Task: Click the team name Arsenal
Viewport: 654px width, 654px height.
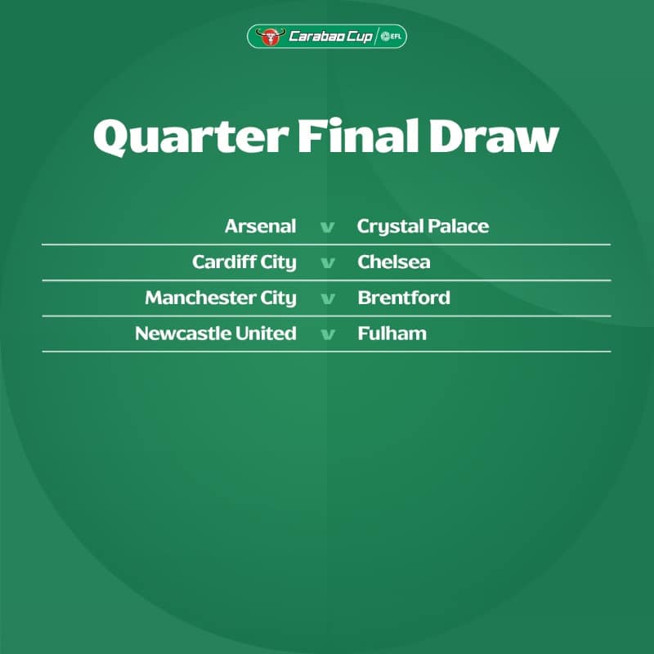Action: point(260,226)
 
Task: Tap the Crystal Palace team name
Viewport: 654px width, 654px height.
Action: point(423,227)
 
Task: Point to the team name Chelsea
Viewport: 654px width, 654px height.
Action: point(394,262)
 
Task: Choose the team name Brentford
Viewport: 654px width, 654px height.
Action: point(404,298)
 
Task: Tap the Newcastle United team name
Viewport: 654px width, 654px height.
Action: point(216,334)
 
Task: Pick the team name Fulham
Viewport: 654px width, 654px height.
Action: point(392,334)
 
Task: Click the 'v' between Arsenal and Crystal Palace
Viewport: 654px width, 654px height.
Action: point(328,228)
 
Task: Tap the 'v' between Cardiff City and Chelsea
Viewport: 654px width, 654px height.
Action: point(328,263)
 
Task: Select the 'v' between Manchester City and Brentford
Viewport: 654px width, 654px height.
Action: point(328,299)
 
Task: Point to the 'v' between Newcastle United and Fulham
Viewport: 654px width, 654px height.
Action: point(328,335)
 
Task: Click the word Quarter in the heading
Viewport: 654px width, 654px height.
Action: point(191,137)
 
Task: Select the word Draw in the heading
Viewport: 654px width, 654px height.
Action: point(495,137)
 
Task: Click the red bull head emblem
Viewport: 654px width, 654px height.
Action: point(271,37)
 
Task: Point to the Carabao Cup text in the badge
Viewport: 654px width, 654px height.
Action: point(330,37)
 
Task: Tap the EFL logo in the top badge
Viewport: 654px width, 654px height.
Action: point(392,36)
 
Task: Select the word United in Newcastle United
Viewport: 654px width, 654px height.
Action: point(266,334)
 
